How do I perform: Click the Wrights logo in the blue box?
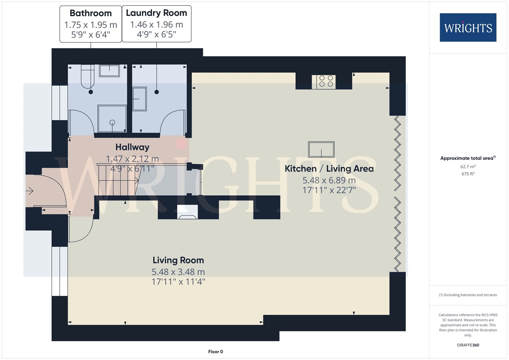click(468, 28)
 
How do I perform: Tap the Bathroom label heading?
click(90, 13)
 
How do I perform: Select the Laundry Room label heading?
click(156, 13)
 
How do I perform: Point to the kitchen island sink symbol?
click(321, 149)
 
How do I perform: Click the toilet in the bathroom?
click(87, 77)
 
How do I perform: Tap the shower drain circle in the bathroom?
click(112, 123)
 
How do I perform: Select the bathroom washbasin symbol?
click(109, 70)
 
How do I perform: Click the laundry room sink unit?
click(140, 99)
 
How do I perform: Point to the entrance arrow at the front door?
click(29, 191)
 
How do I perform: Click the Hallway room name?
click(132, 147)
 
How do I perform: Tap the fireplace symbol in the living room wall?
click(187, 212)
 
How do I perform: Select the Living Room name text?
click(178, 260)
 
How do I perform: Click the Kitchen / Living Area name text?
click(329, 169)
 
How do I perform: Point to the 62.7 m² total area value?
click(468, 167)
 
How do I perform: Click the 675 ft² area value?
click(468, 174)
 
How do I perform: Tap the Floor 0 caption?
click(216, 352)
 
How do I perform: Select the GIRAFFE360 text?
click(468, 345)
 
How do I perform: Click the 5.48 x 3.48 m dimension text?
click(178, 272)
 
